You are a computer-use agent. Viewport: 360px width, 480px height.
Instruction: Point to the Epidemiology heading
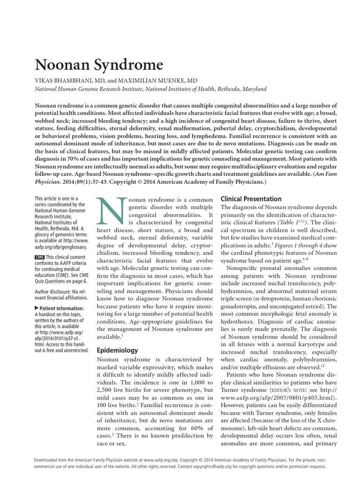[117, 350]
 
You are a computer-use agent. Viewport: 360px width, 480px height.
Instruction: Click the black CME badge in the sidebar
[40, 257]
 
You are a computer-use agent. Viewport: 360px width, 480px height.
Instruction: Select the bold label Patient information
[63, 308]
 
